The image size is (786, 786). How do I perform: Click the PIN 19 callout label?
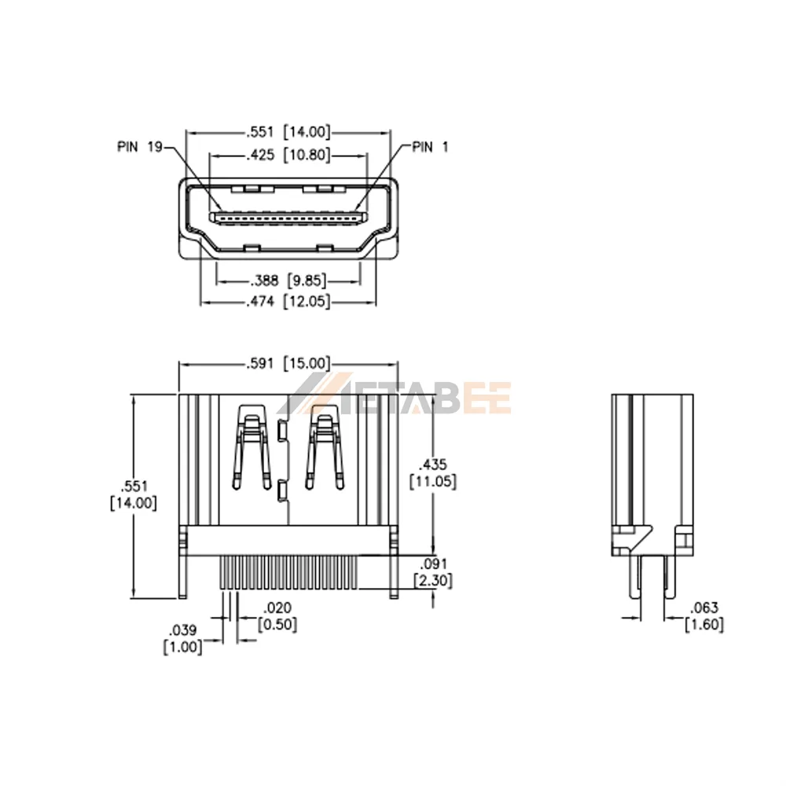(140, 147)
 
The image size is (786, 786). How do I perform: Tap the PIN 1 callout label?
(430, 147)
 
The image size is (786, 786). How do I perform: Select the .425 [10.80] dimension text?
(288, 155)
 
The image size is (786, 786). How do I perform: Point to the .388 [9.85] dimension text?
(288, 281)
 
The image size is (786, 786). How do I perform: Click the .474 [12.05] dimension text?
(288, 302)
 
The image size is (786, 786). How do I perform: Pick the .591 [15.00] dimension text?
(288, 363)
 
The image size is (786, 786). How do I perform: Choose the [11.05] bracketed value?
(433, 482)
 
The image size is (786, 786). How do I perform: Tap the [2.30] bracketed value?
(433, 581)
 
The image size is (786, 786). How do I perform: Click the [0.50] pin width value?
(277, 625)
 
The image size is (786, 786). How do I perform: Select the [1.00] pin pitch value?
(183, 647)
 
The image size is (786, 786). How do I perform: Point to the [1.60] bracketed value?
(704, 625)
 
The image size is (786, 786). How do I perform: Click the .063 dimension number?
(704, 608)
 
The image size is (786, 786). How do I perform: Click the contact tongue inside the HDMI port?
(288, 218)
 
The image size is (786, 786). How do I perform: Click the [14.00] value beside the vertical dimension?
(134, 503)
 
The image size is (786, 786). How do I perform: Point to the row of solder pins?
(288, 572)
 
